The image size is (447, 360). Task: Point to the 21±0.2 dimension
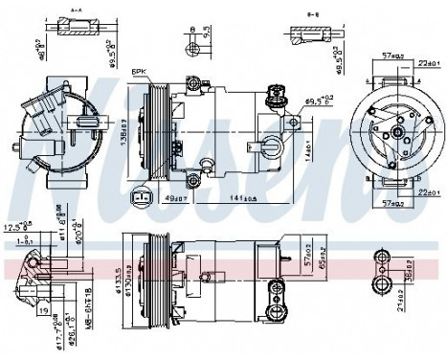click(396, 319)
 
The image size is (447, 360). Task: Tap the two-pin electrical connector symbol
click(143, 198)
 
